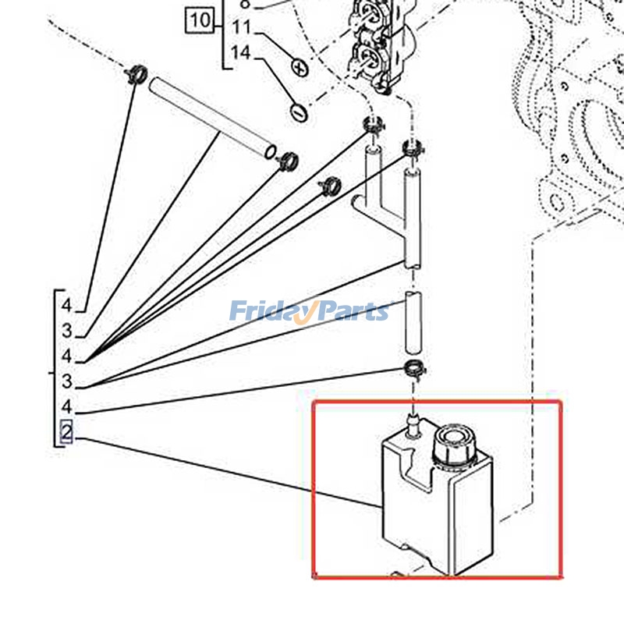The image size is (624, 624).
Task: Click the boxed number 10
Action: coord(200,19)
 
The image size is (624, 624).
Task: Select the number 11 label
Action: coord(242,28)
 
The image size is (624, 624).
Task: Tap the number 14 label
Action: coord(242,54)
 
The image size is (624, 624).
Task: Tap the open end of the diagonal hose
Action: coord(269,148)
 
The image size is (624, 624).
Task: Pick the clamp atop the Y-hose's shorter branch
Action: coord(373,124)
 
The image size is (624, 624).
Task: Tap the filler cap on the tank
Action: coord(452,441)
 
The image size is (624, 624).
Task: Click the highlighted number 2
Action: coord(66,431)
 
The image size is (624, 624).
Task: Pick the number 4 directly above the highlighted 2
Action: coord(67,406)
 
